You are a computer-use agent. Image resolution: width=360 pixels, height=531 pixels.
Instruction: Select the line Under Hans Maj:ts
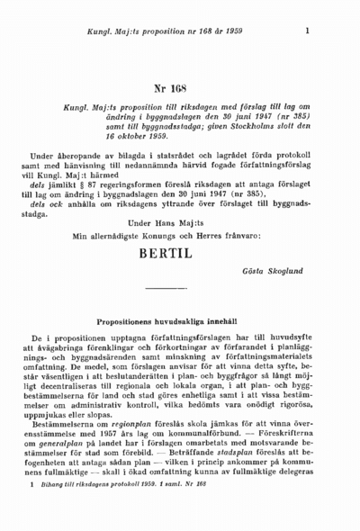(166, 221)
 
